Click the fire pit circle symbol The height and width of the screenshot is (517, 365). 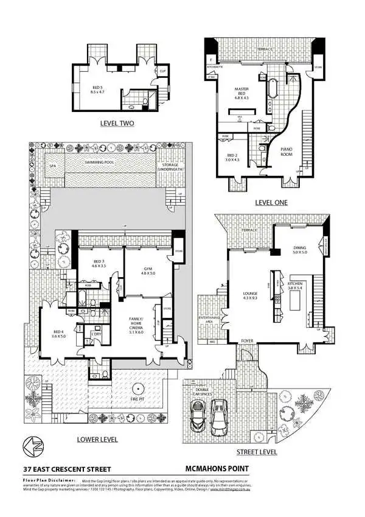pos(139,389)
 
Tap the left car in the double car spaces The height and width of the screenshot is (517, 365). pos(198,418)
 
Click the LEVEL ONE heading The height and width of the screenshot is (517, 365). pos(271,202)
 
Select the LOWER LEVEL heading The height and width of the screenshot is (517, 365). pos(97,439)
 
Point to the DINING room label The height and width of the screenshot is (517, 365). pos(301,249)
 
